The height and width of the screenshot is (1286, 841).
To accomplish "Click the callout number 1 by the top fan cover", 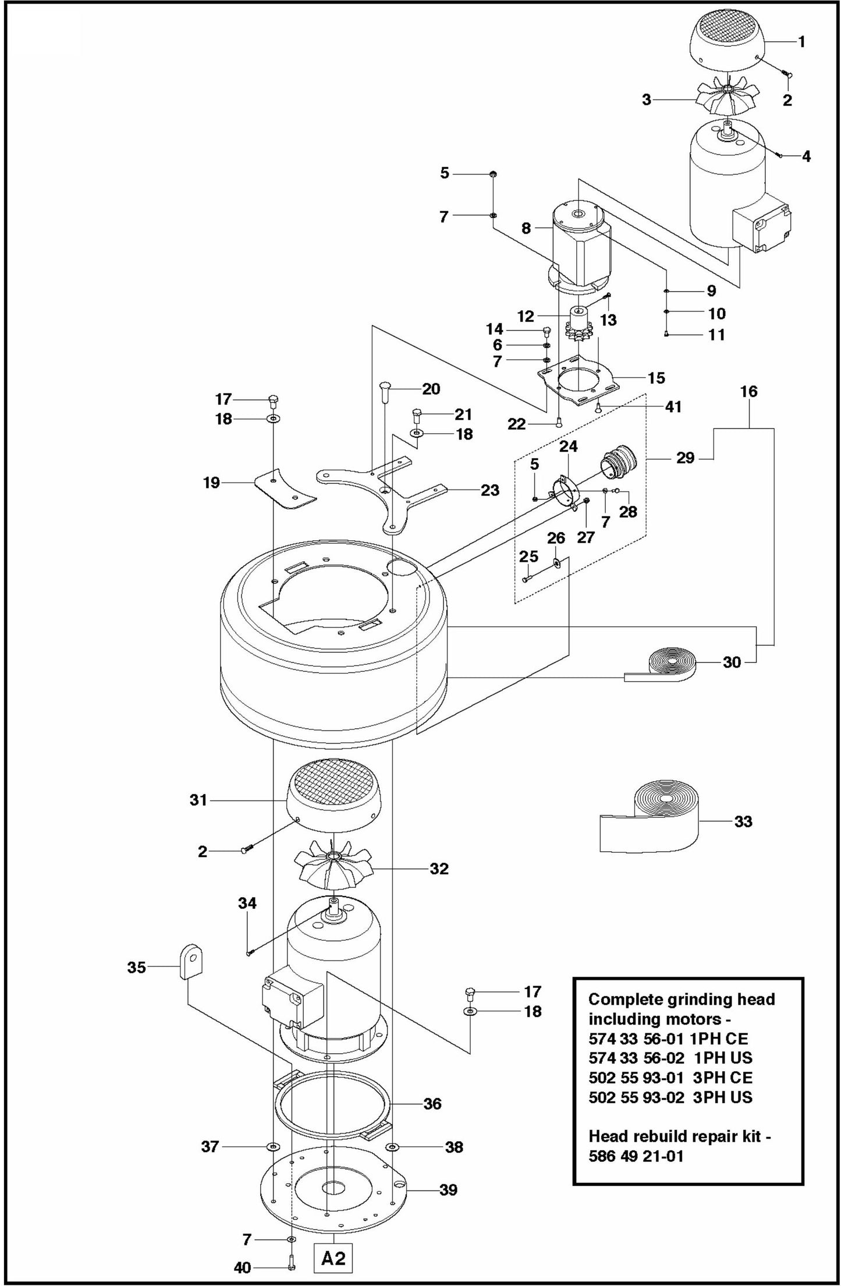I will [801, 41].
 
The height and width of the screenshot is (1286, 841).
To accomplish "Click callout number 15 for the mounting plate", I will [656, 378].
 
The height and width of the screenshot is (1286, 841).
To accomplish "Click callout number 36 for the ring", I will [432, 1103].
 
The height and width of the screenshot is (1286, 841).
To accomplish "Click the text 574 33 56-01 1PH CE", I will [668, 1038].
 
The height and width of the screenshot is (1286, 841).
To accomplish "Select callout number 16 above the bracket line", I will [748, 392].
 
